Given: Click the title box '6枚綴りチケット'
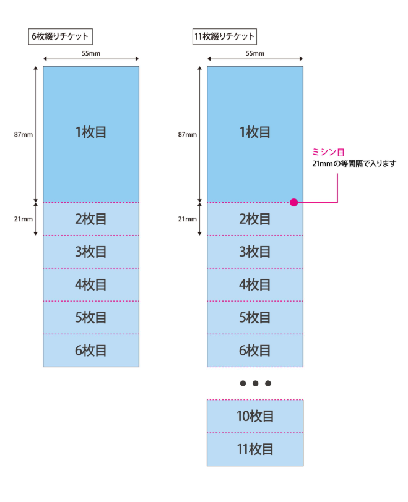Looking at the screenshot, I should click(61, 36).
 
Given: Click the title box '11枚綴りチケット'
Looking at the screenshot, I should click(224, 36).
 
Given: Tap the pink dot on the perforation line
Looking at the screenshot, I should click(293, 202).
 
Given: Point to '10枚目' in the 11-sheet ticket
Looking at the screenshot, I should click(255, 416).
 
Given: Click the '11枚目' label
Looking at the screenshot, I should click(255, 449).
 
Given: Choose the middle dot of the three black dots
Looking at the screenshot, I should click(255, 383).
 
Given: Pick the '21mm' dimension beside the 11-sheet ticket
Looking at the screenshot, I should click(187, 219).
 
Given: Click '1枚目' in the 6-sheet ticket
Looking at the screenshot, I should click(91, 132).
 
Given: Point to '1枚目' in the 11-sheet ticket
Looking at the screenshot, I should click(255, 132).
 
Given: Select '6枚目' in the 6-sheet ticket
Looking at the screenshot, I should click(91, 351).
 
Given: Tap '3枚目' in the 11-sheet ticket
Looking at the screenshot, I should click(255, 252).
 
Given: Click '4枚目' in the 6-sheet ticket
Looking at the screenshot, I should click(91, 285).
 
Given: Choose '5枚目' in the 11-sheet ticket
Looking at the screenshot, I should click(255, 318).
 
